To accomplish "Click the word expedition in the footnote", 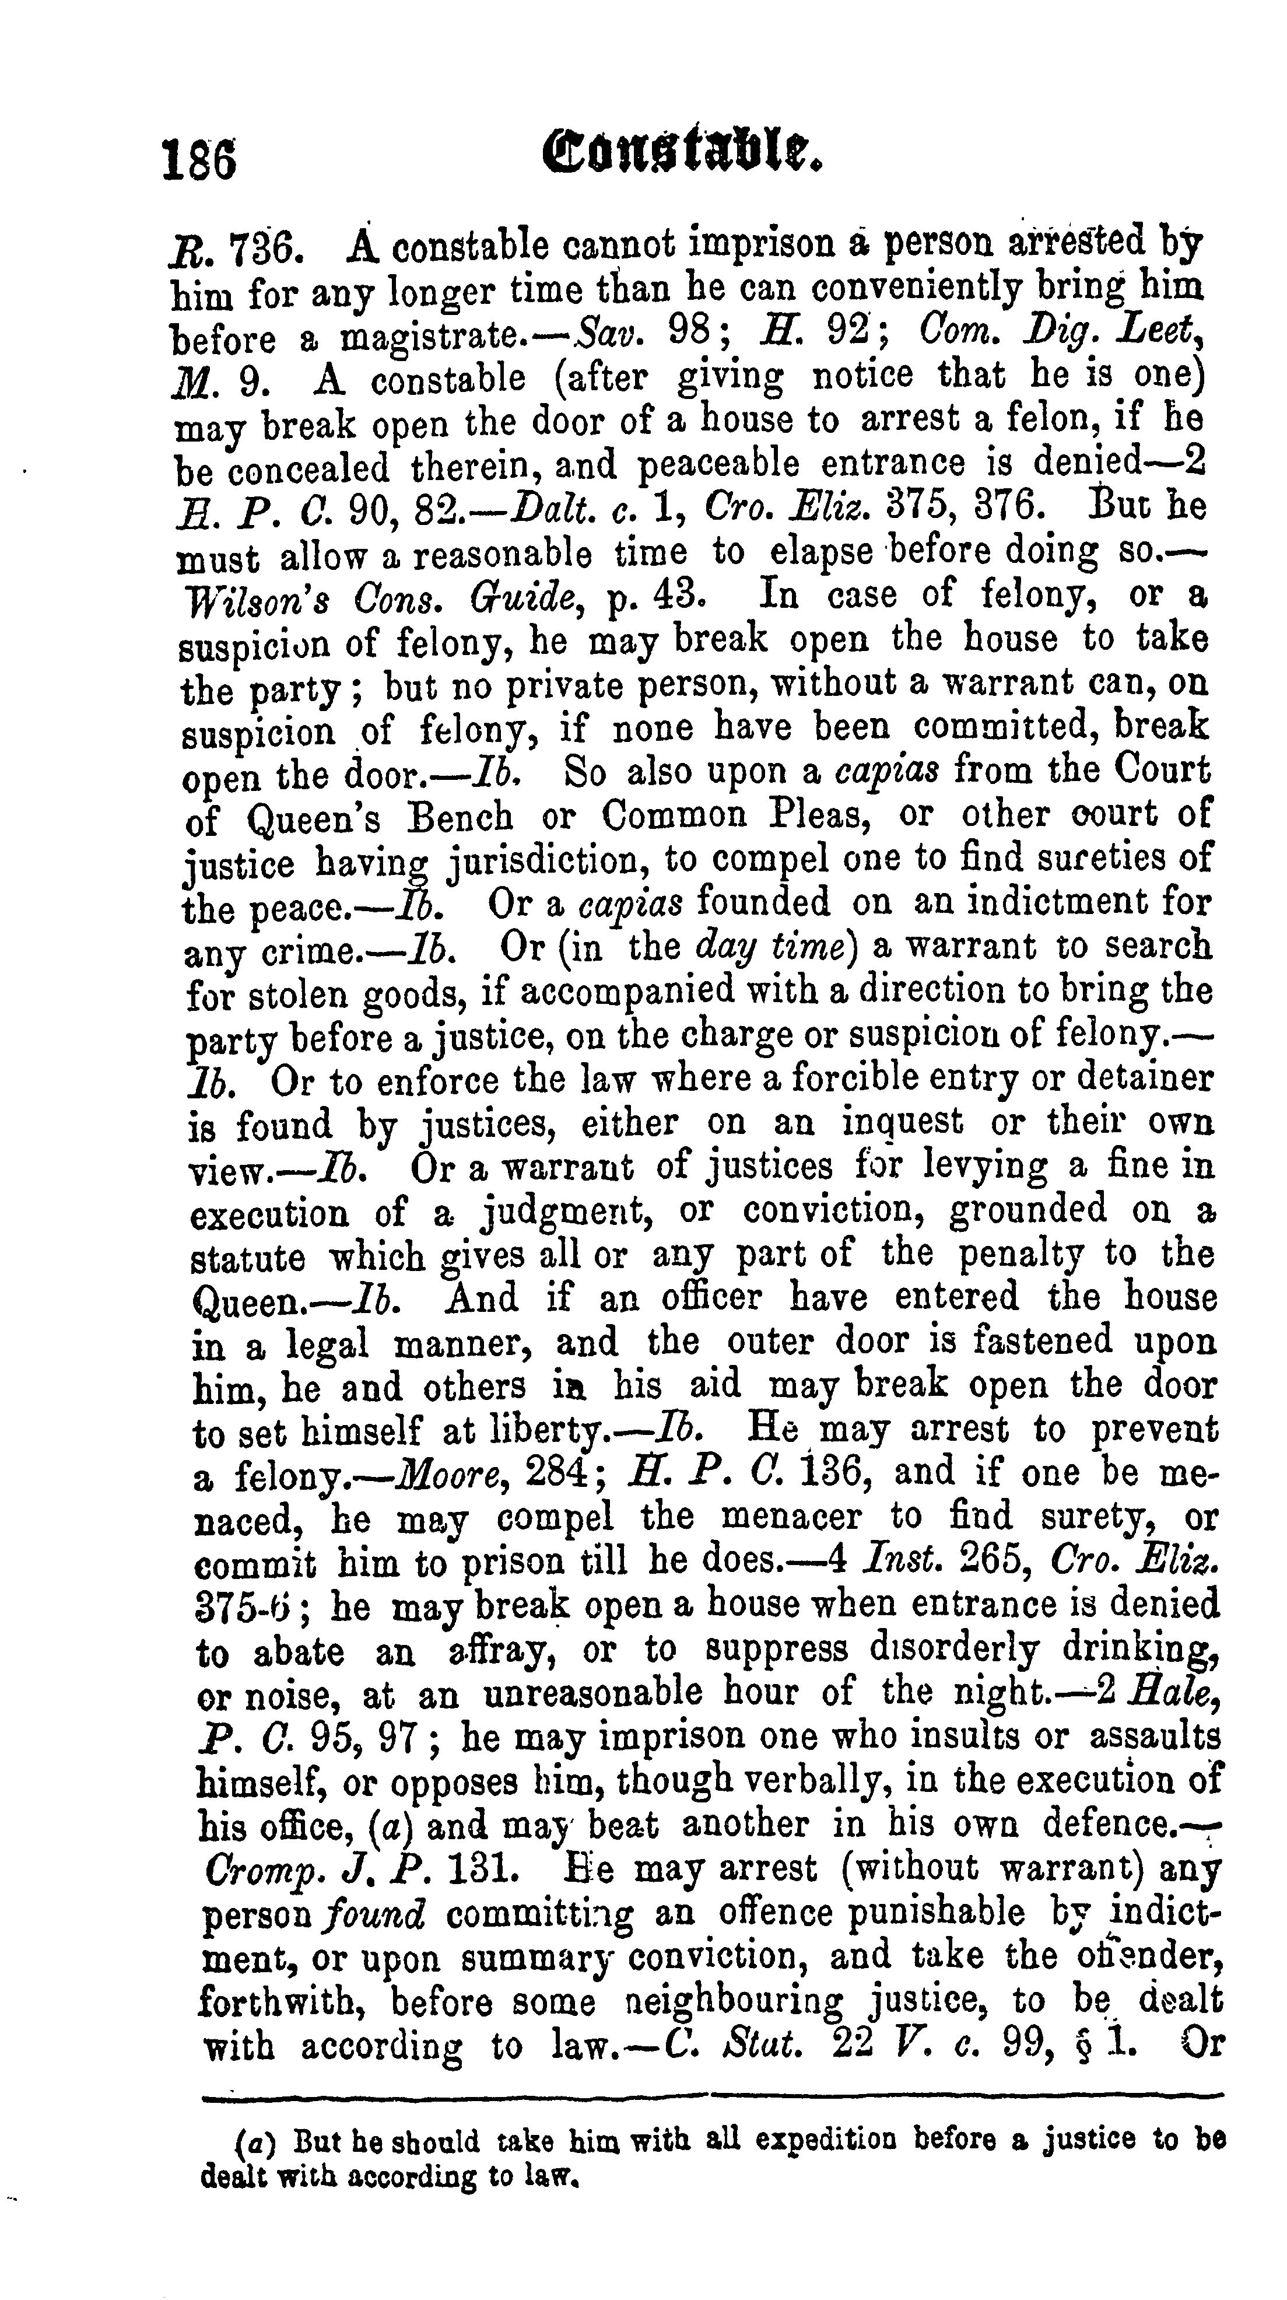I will (x=828, y=2140).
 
